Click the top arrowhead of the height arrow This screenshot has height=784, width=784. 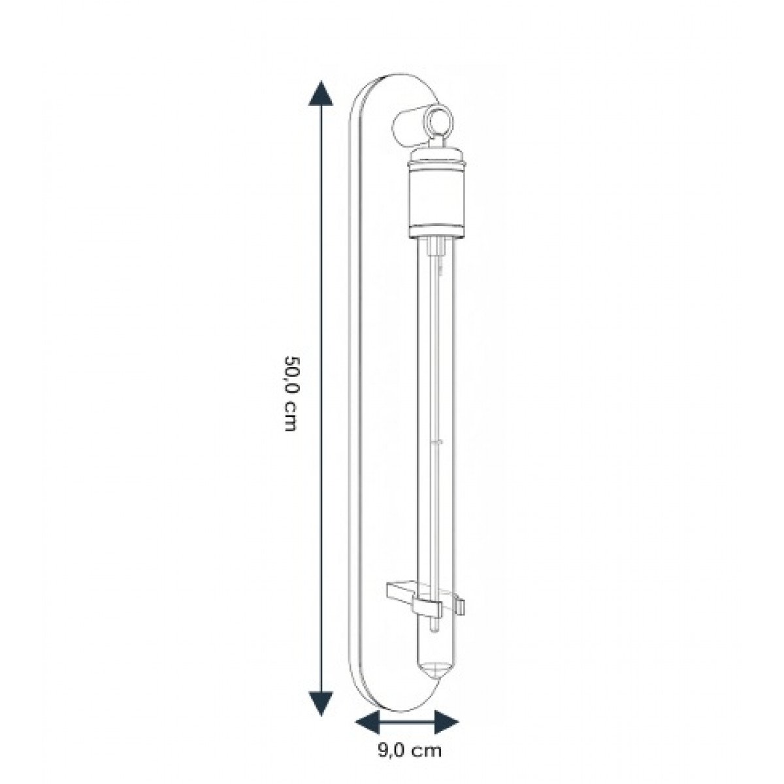pyautogui.click(x=319, y=95)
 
